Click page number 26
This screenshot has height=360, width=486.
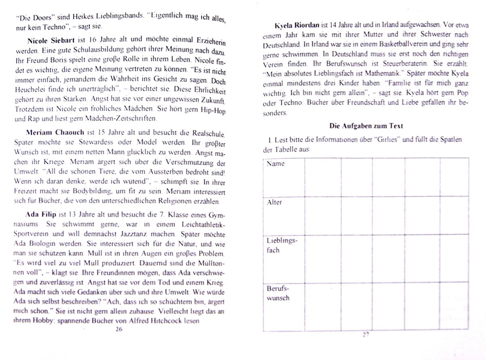click(x=118, y=329)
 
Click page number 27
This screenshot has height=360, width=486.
click(x=366, y=335)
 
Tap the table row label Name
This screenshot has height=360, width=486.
click(x=275, y=164)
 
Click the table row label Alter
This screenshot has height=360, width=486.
click(x=274, y=202)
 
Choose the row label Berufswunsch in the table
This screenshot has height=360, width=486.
click(x=278, y=293)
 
